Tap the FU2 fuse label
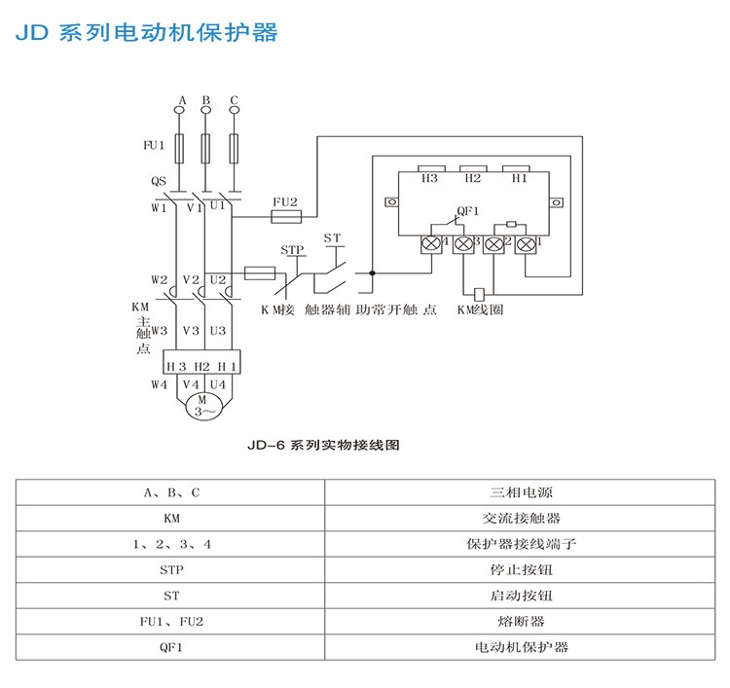point(284,201)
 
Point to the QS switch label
point(159,181)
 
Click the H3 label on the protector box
point(429,178)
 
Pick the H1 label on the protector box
point(519,178)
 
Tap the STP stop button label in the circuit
point(292,250)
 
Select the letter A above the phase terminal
point(180,100)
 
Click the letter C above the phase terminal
point(234,100)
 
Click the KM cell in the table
point(171,519)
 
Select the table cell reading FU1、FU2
point(171,620)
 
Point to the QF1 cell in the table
point(171,645)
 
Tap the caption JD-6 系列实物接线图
point(324,446)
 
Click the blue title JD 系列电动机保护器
point(146,32)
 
